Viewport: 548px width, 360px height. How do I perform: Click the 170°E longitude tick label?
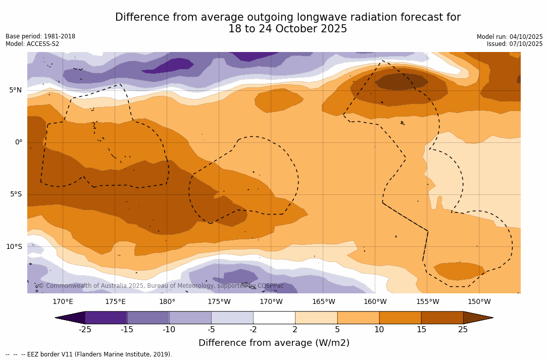[x=63, y=302]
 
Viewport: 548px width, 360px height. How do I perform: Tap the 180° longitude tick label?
[x=167, y=302]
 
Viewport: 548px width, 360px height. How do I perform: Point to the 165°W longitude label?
[x=323, y=302]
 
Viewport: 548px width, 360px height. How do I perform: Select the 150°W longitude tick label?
[x=479, y=302]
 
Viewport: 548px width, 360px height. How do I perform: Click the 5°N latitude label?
[x=15, y=90]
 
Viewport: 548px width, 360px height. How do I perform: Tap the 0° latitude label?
[x=18, y=142]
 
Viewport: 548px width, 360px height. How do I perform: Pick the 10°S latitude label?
[x=14, y=247]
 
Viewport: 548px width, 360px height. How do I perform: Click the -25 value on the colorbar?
[x=85, y=330]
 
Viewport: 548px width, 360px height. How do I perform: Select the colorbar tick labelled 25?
[x=463, y=330]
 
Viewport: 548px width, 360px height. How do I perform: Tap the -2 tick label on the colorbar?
[x=253, y=330]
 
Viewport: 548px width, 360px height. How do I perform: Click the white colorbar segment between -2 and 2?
[x=274, y=318]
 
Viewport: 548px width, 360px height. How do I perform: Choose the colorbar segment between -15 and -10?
[x=148, y=318]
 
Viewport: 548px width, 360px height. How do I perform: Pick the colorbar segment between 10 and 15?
[x=400, y=318]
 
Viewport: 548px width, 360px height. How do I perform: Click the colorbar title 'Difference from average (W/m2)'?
[x=274, y=343]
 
